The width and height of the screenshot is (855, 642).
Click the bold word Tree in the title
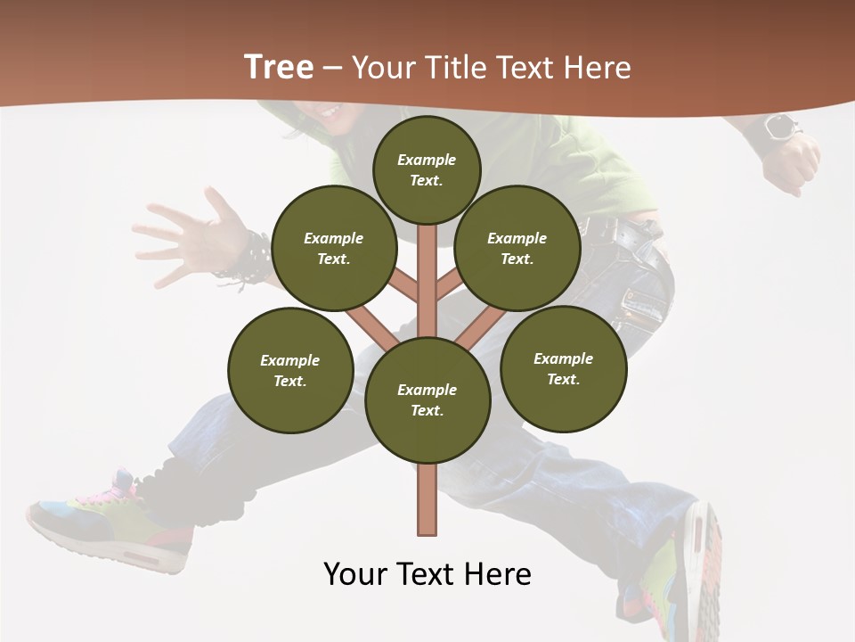[279, 68]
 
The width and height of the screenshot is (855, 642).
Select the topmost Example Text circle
[427, 169]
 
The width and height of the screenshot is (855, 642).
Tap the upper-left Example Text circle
[334, 248]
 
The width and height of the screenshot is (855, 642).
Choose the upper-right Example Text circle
[517, 248]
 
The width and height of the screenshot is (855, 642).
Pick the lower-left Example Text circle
[290, 370]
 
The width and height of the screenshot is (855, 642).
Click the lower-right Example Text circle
[564, 368]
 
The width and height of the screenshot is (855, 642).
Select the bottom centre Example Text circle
[427, 400]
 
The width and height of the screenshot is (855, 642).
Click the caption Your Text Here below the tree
[427, 574]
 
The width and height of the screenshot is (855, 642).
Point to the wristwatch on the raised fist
[778, 128]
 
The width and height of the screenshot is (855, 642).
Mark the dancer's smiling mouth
[330, 111]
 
